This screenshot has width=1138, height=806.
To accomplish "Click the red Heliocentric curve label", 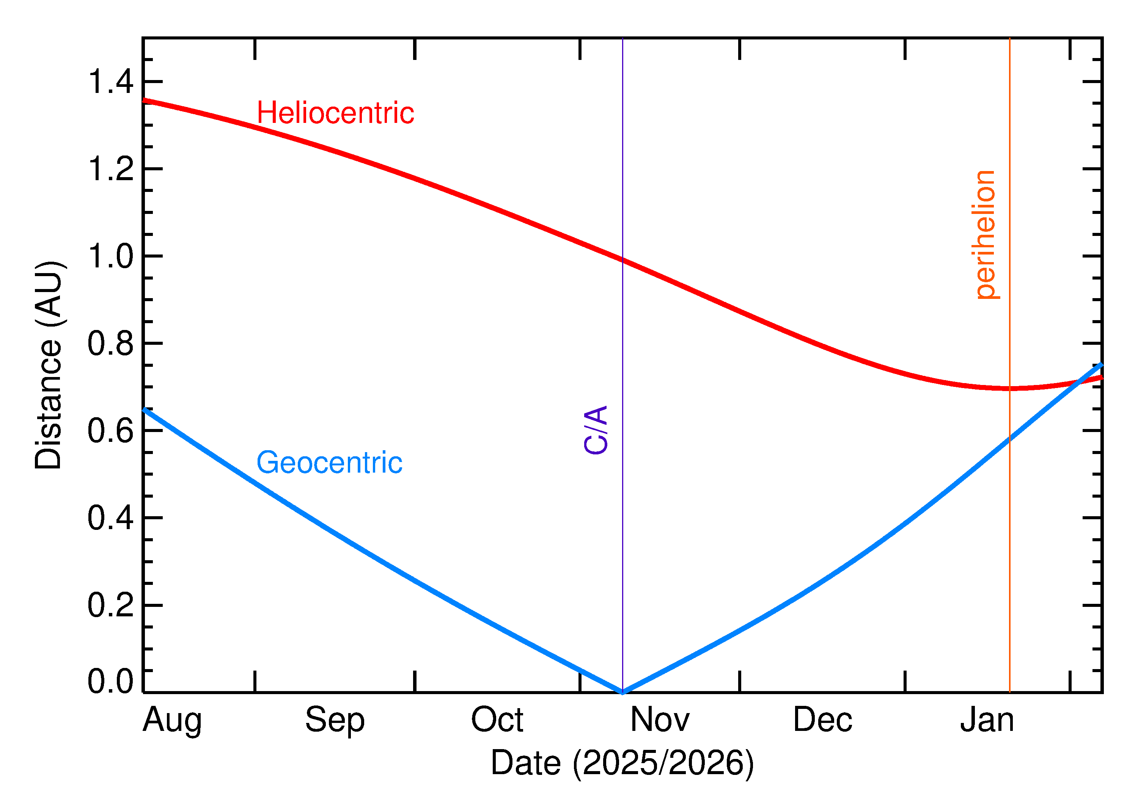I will [335, 113].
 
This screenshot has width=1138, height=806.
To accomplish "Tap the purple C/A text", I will [596, 430].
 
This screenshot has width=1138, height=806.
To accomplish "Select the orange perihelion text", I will [985, 235].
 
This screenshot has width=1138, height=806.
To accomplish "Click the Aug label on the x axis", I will [172, 720].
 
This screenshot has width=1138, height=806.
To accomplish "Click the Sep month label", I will [335, 720].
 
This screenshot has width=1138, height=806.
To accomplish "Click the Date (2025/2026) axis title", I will [622, 763].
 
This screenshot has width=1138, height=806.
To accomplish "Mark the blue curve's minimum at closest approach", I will [622, 692].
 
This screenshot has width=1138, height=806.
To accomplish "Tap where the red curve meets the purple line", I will [622, 259].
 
